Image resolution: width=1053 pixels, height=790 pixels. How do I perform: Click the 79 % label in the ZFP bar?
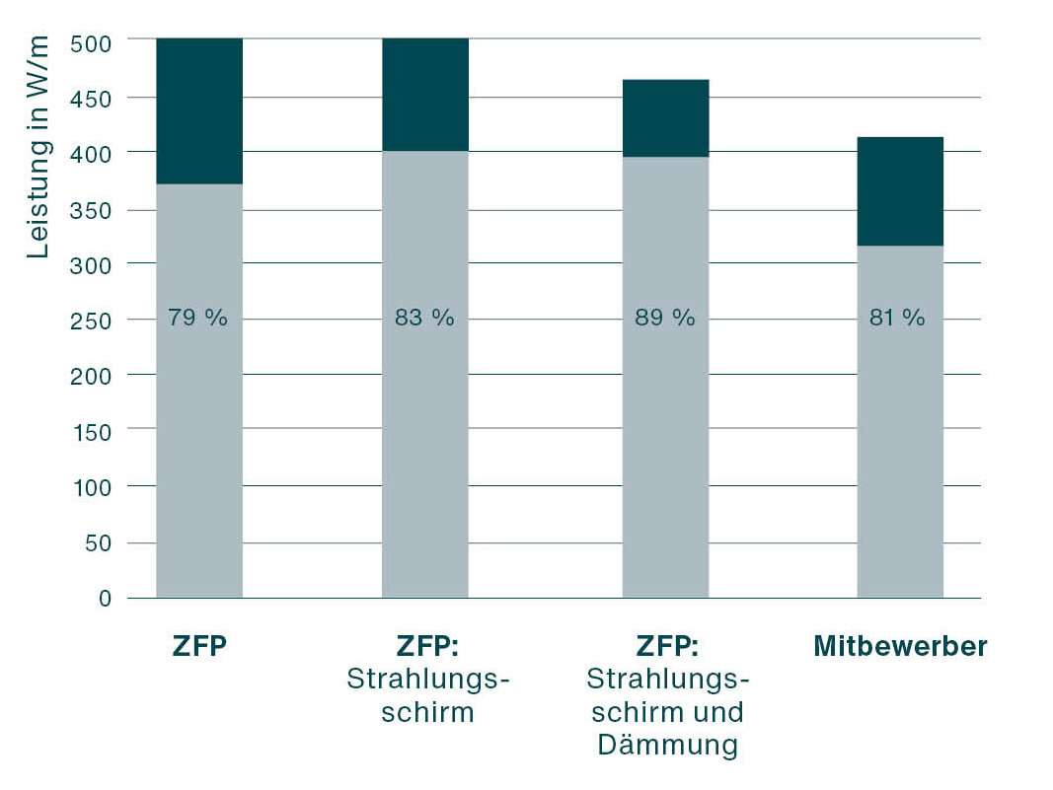point(198,319)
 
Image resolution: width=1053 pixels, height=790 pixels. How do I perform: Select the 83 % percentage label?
point(424,319)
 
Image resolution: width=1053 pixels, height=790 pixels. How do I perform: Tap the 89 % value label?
point(665,319)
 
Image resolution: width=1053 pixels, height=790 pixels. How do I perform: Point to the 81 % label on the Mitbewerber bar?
point(898,319)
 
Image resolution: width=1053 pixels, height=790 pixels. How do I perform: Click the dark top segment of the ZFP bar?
point(198,110)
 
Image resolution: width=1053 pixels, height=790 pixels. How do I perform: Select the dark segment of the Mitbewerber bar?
point(899,190)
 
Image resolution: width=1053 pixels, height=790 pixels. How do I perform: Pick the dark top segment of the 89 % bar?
point(665,118)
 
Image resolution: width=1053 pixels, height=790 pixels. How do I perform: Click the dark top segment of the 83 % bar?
point(424,95)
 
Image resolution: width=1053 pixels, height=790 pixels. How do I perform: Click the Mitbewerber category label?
point(900,647)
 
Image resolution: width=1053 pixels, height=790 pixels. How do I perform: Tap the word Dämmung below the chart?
point(666,745)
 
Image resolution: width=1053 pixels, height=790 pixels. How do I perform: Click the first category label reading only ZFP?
point(198,647)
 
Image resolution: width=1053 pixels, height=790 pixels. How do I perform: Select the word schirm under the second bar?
point(427,712)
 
